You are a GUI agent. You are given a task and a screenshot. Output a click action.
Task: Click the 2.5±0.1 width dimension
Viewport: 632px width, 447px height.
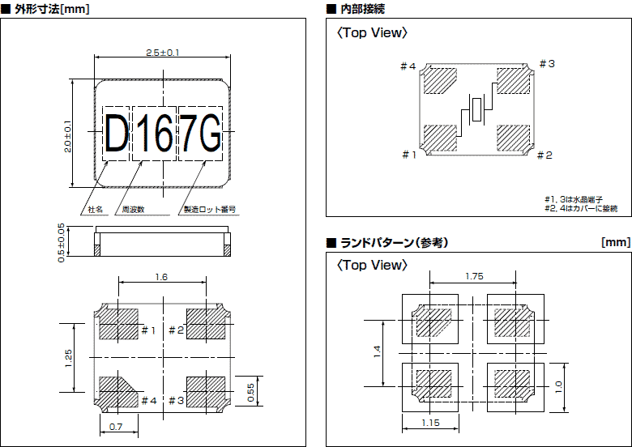pos(163,52)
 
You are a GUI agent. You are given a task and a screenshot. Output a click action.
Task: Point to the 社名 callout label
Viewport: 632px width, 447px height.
pos(96,209)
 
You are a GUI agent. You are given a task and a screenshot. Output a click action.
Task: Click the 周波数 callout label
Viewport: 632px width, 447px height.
pos(133,209)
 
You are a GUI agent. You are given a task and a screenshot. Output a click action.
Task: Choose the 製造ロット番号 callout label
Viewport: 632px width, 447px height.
pos(210,209)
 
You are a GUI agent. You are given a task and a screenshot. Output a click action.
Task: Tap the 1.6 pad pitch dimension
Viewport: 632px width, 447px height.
pos(161,277)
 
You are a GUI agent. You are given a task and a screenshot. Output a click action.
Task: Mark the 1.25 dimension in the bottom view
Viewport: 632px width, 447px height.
pos(68,357)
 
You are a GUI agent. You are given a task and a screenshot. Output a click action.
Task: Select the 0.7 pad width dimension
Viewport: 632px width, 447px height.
pos(115,426)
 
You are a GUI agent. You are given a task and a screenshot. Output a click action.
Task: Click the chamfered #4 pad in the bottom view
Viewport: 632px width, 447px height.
pos(117,390)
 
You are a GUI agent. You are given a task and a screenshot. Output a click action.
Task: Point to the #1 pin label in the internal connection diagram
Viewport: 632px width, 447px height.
pos(409,155)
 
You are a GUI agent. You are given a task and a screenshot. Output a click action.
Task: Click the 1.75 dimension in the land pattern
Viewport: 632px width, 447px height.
pos(475,277)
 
